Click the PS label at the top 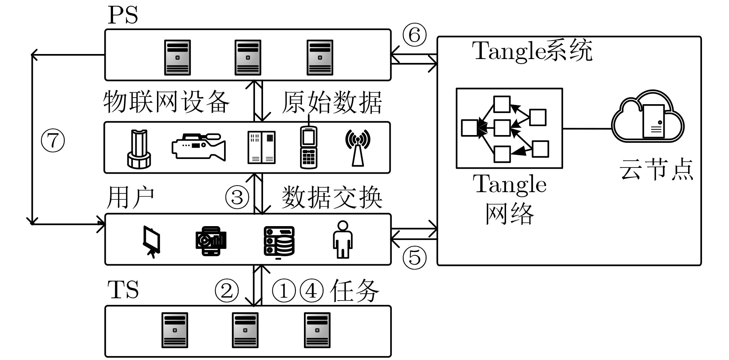point(122,15)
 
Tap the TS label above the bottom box point(123,290)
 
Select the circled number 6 point(414,35)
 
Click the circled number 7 point(53,140)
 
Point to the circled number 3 point(237,197)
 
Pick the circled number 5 point(414,257)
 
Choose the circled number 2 point(226,291)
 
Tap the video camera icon point(198,146)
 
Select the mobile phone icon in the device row point(309,147)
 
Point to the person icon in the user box point(342,239)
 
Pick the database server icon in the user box point(279,241)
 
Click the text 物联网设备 point(166,102)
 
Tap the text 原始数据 point(332,103)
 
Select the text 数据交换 point(332,198)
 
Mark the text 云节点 point(656,170)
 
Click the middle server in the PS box point(248,57)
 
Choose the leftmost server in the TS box point(175,330)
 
